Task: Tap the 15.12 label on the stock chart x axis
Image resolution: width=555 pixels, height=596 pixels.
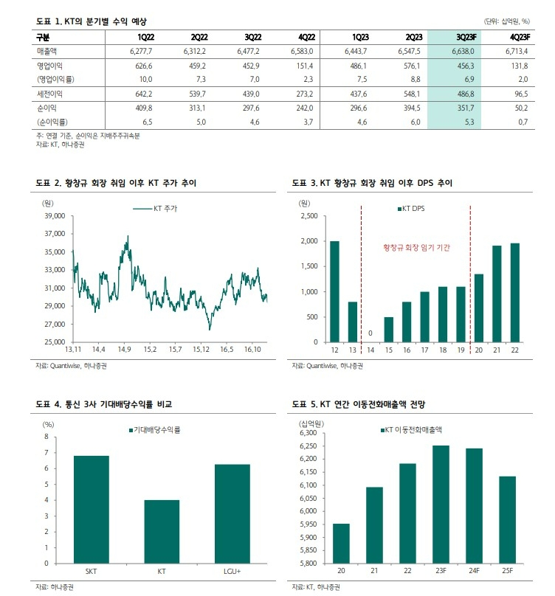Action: pyautogui.click(x=201, y=349)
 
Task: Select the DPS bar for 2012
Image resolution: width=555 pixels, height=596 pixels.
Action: pyautogui.click(x=334, y=291)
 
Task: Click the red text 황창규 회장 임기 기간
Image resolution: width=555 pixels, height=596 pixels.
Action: pyautogui.click(x=416, y=249)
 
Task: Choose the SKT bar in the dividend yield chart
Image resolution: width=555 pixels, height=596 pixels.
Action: pyautogui.click(x=91, y=509)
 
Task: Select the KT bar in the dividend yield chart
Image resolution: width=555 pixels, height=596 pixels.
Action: pyautogui.click(x=162, y=531)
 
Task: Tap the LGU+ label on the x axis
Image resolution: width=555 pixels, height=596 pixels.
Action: pyautogui.click(x=232, y=570)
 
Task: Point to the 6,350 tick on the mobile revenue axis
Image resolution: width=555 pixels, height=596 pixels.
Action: pyautogui.click(x=308, y=433)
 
